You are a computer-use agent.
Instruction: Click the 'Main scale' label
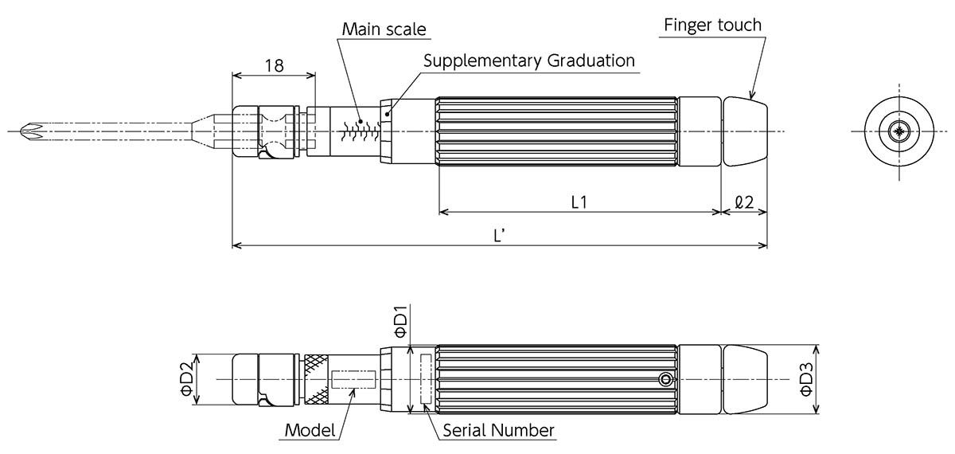(x=384, y=29)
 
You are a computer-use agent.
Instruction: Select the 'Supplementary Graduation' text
(x=529, y=61)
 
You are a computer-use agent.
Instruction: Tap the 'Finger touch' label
(x=712, y=25)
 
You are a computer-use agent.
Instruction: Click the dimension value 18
(x=274, y=65)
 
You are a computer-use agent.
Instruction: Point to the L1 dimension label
(x=579, y=202)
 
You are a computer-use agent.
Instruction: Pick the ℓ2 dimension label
(x=744, y=202)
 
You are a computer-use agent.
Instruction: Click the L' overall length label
(x=500, y=237)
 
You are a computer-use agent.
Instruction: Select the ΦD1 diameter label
(x=400, y=319)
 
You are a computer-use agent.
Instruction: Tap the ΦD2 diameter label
(x=185, y=381)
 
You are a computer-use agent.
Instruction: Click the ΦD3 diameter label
(x=805, y=381)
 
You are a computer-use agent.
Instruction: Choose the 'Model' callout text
(x=310, y=431)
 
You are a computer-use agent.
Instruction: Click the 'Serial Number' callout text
(x=498, y=431)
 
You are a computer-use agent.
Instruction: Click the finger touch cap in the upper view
(x=745, y=131)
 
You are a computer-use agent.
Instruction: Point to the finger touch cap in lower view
(x=745, y=381)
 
